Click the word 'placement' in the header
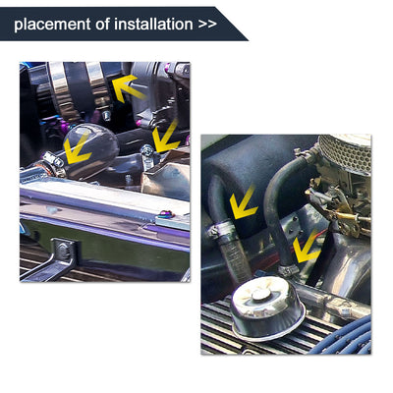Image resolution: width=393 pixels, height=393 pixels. click(x=48, y=24)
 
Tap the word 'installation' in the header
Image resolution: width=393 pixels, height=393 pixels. click(x=142, y=24)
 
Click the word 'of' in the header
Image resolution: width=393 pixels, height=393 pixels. click(x=94, y=24)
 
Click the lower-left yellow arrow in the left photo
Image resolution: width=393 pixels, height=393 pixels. click(x=77, y=148)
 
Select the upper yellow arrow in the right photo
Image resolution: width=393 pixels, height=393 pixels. click(x=242, y=203)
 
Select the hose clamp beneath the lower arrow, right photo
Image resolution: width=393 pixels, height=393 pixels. click(x=291, y=267)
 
